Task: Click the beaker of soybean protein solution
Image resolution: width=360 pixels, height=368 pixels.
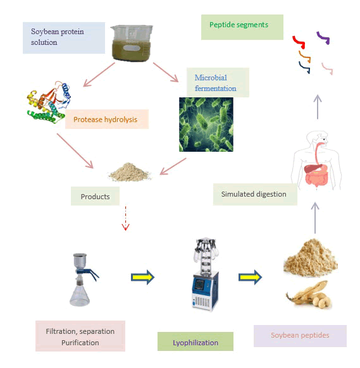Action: coord(132,43)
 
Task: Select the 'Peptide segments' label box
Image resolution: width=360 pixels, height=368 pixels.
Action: coord(242,27)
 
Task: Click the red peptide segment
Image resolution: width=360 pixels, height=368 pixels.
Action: coord(299,42)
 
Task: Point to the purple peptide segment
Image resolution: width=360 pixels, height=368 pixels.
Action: coord(323,38)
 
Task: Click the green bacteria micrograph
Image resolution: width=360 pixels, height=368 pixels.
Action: coord(206,125)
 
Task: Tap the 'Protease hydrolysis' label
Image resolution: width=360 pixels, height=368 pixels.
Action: coord(107,120)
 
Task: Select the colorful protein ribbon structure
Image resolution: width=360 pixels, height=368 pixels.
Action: coord(49,102)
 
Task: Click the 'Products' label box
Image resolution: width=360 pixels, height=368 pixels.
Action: coord(95,196)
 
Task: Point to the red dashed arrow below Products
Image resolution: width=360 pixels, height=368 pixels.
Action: coord(126,218)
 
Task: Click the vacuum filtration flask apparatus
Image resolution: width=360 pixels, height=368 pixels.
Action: coord(83,279)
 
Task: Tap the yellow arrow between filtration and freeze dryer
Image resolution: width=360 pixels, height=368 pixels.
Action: coord(142,277)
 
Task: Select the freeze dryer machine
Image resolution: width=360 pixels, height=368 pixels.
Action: coord(205,274)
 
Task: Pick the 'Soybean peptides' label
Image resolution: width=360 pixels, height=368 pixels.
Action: coord(300,336)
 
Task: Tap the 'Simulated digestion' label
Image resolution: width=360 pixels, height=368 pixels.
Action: coord(255,194)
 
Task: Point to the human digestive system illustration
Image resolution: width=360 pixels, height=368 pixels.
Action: coord(316,160)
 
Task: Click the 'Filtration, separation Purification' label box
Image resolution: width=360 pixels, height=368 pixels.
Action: coord(80,336)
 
